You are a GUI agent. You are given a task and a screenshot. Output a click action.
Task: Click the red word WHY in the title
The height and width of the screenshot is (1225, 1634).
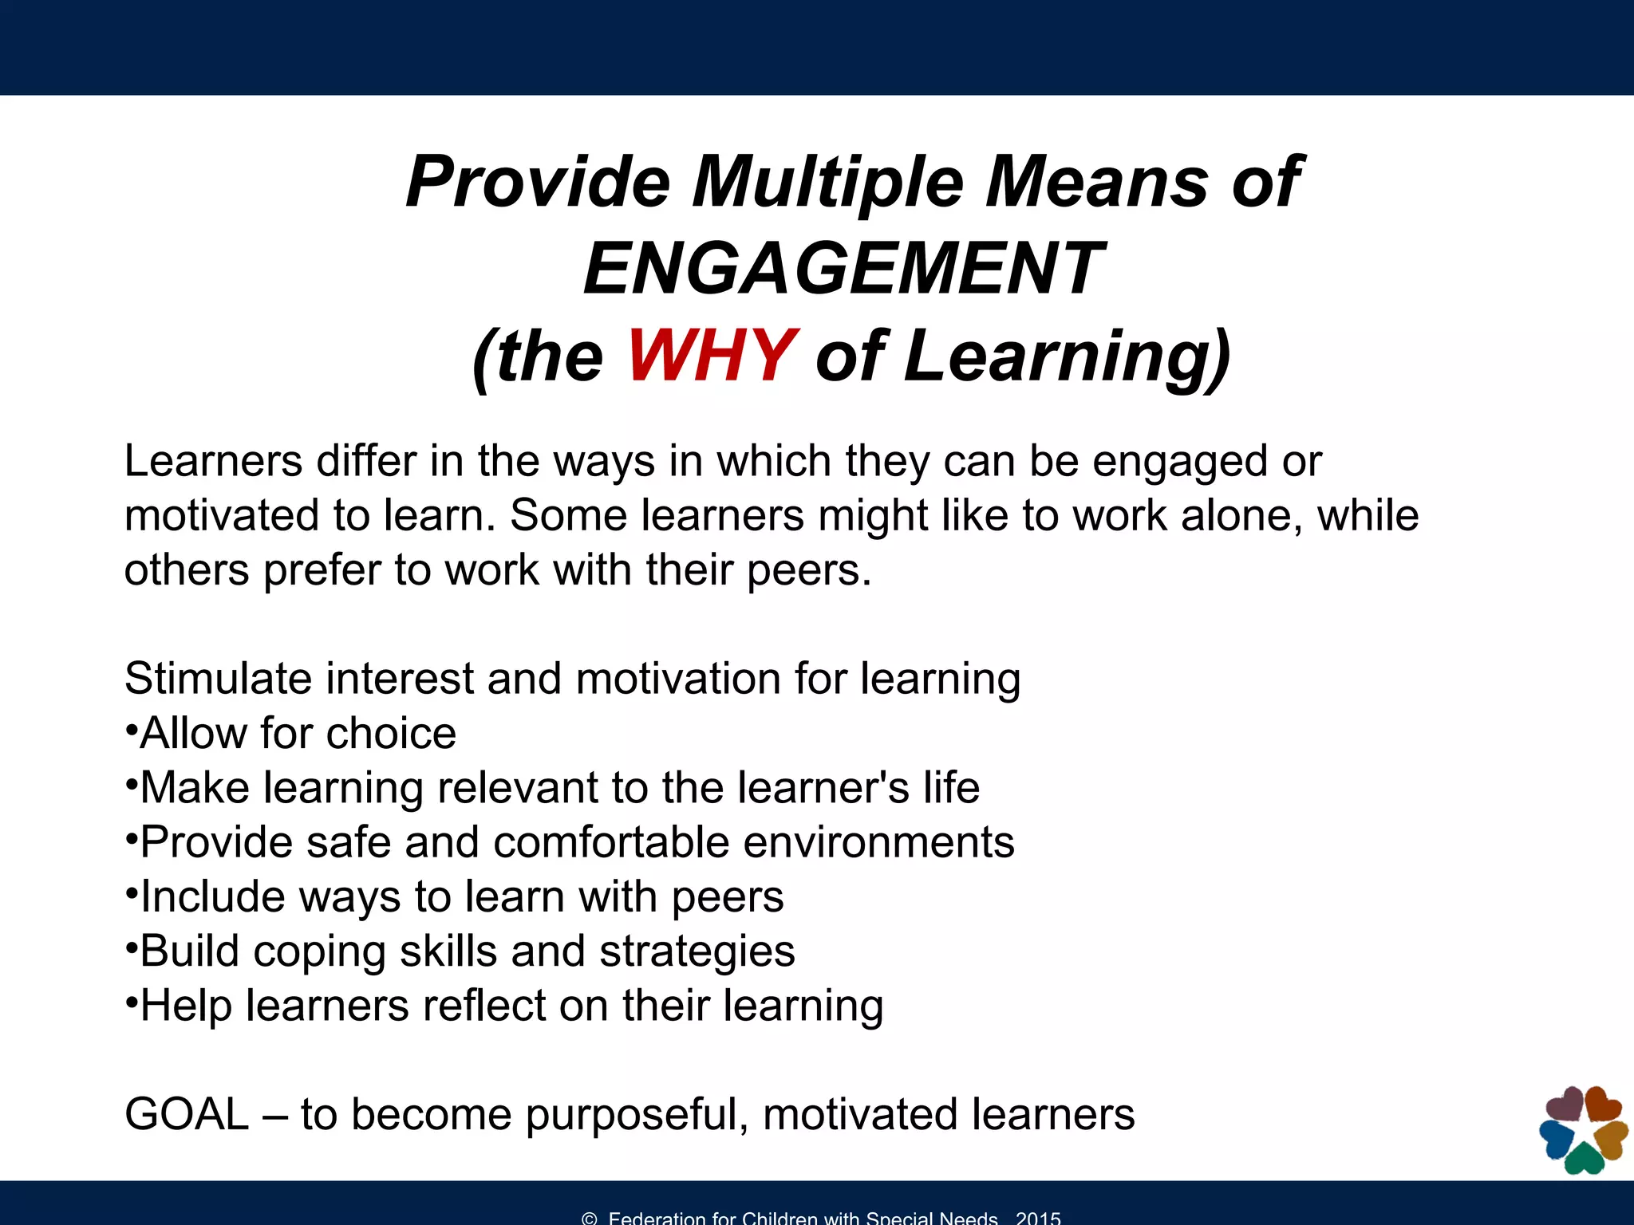click(x=712, y=356)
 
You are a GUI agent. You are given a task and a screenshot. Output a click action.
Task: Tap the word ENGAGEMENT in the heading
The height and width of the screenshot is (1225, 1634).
click(x=843, y=269)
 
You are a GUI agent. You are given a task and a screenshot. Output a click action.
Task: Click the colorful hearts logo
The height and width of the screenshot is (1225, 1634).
click(x=1584, y=1130)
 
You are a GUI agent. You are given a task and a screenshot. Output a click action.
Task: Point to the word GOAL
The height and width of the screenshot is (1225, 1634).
click(x=187, y=1114)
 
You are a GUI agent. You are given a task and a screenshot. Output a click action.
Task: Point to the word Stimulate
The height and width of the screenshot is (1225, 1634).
click(x=219, y=679)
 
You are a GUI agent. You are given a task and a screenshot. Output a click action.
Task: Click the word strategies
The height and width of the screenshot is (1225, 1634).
click(x=697, y=952)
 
